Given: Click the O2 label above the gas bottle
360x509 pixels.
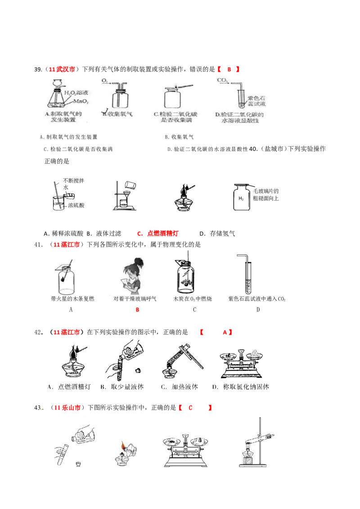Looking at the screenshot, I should (104, 81).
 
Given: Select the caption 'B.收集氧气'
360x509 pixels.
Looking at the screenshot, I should (117, 114).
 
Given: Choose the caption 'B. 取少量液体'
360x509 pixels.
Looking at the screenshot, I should (121, 387).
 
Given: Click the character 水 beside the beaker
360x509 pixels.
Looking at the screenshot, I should (66, 188).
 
